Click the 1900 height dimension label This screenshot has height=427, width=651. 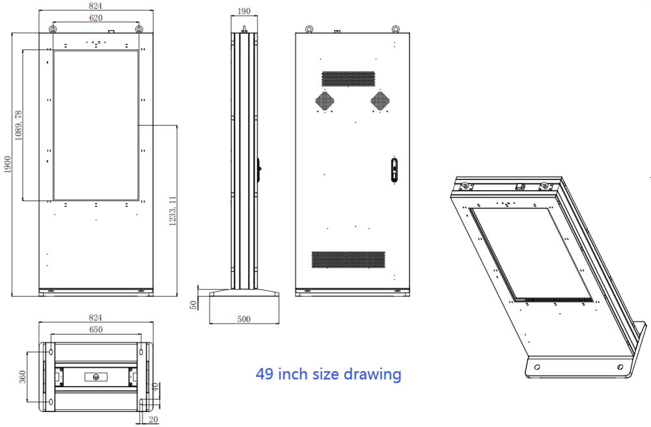(x=7, y=164)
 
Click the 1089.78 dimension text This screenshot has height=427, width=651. (x=18, y=125)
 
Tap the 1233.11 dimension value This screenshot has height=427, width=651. (x=173, y=211)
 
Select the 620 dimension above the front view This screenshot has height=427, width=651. (x=96, y=18)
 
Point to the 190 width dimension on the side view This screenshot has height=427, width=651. (x=243, y=11)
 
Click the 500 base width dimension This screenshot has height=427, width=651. (x=243, y=319)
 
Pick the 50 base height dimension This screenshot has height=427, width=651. (x=193, y=305)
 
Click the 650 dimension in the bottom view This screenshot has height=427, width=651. (x=96, y=330)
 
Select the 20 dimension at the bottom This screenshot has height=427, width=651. (x=154, y=420)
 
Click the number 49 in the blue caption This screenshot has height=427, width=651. (x=264, y=374)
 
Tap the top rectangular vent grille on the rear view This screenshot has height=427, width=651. (x=348, y=78)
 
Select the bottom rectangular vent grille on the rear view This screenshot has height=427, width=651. (x=348, y=259)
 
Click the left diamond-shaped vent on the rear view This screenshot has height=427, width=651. (x=325, y=100)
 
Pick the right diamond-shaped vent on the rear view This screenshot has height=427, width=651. (x=380, y=100)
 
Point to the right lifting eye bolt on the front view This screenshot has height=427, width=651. (x=139, y=29)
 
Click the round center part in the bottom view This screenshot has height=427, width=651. (x=96, y=376)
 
